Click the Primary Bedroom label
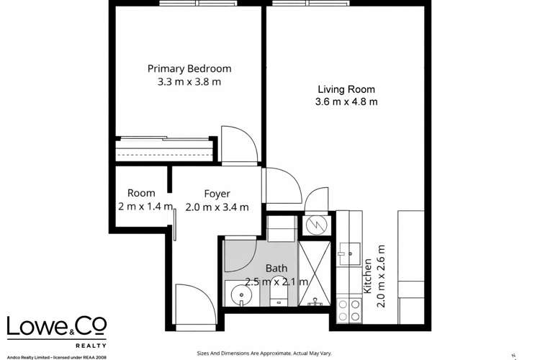pyautogui.click(x=189, y=69)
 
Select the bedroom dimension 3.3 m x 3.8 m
pyautogui.click(x=189, y=83)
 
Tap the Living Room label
pyautogui.click(x=347, y=89)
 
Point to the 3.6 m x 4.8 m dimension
pyautogui.click(x=348, y=102)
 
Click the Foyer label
pyautogui.click(x=217, y=194)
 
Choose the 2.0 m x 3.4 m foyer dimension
pyautogui.click(x=217, y=207)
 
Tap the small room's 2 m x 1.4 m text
pyautogui.click(x=145, y=207)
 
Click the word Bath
pyautogui.click(x=276, y=268)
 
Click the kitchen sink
pyautogui.click(x=351, y=251)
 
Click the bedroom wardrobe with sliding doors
pyautogui.click(x=164, y=150)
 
